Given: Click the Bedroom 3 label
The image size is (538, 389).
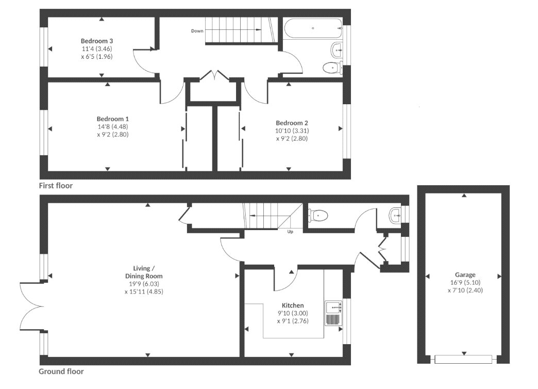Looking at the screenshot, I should coord(97,41).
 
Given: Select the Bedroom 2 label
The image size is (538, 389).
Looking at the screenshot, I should coord(292,123).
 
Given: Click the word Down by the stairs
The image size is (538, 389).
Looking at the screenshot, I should coord(197,31).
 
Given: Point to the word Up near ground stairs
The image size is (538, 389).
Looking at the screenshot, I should coord(291,232).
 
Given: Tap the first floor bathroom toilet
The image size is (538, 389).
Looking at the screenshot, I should coord(332,67).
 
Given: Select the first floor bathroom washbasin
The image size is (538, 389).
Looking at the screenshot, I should coord(336,50).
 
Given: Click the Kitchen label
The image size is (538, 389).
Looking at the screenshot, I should coord(293,305).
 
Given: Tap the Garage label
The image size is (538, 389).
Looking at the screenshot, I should coord(465,275).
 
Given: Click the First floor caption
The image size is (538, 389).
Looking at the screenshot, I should coord(56,186).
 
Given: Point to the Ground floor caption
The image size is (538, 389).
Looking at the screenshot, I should coord(61,371).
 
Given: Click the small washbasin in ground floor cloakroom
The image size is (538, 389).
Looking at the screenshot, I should coord(395,215).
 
